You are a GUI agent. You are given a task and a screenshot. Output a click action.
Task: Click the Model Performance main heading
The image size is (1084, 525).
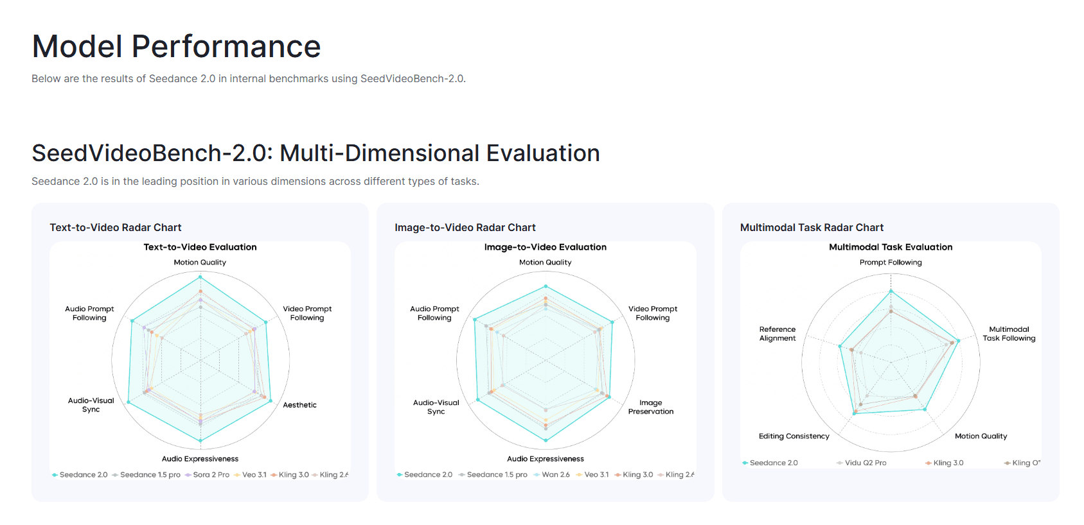(x=176, y=46)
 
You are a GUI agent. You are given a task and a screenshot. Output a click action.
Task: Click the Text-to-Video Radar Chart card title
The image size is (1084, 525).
(x=116, y=227)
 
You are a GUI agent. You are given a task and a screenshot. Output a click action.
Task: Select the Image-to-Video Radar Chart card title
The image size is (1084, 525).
(x=465, y=227)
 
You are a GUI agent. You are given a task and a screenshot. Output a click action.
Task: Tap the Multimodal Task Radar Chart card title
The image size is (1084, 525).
(x=812, y=227)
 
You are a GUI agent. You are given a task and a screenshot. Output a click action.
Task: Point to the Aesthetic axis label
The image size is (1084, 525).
(x=299, y=405)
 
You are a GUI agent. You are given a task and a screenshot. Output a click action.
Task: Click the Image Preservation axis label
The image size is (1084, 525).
(x=651, y=407)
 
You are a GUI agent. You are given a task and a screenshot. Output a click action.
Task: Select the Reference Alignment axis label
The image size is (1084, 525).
(x=777, y=334)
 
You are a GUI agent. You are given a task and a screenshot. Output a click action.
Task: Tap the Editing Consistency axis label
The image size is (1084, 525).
(x=794, y=436)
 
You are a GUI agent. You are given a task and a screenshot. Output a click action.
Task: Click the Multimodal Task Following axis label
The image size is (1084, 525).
(x=1009, y=334)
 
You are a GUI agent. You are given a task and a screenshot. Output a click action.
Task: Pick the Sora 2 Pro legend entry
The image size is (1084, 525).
(x=210, y=475)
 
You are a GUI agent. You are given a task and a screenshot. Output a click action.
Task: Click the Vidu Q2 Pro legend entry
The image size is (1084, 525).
(x=865, y=463)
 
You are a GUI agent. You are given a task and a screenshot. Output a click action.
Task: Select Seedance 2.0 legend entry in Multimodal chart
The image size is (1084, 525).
(x=773, y=463)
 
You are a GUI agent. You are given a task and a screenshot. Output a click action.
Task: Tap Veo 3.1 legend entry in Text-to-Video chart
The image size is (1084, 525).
(x=253, y=475)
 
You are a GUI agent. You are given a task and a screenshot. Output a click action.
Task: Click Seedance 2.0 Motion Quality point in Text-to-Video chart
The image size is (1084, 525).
(x=200, y=277)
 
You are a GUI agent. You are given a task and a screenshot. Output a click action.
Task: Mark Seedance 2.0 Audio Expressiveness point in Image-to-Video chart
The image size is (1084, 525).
(x=546, y=440)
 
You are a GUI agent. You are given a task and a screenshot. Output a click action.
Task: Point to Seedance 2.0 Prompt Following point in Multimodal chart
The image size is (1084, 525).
(x=891, y=291)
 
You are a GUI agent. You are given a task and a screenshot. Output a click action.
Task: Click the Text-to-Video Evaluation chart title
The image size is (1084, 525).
(x=200, y=247)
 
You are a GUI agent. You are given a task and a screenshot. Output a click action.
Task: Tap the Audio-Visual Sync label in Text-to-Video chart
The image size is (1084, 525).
(x=91, y=405)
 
